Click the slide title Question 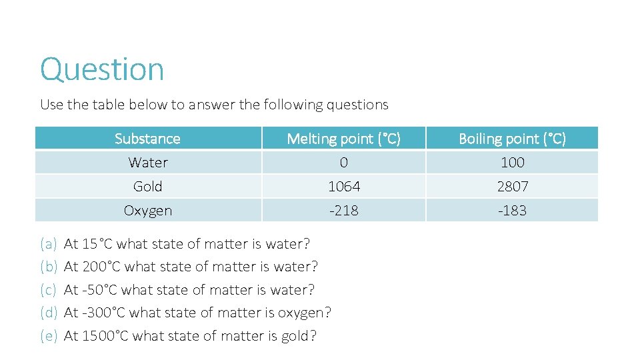(102, 69)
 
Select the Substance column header (147, 139)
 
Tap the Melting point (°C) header (343, 139)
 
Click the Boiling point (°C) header (512, 139)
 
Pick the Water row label (148, 163)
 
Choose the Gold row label (148, 187)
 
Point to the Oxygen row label (148, 211)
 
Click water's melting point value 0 (343, 163)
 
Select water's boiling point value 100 (512, 163)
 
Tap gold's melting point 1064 (343, 187)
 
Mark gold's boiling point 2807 (512, 187)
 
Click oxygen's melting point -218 (343, 211)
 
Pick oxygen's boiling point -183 (512, 211)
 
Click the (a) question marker (49, 244)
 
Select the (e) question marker (49, 336)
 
